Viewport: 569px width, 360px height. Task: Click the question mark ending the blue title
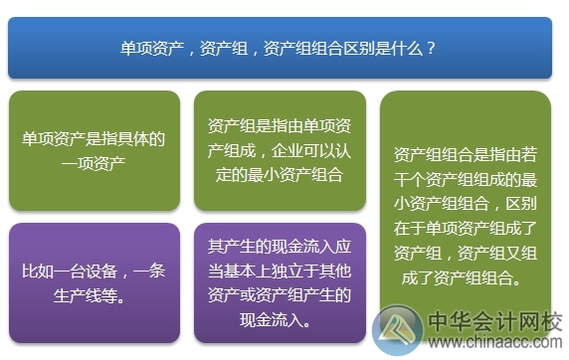(x=429, y=47)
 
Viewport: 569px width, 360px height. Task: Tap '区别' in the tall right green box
(x=522, y=204)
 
